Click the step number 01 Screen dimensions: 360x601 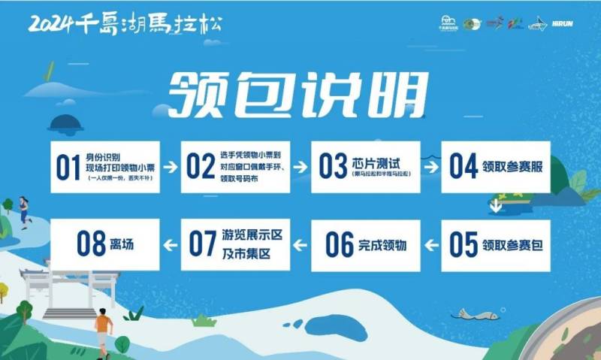click(68, 167)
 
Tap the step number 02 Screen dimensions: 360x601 click(201, 167)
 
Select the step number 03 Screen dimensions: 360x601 click(333, 167)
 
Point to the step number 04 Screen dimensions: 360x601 click(464, 167)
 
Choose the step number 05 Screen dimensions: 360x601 click(464, 244)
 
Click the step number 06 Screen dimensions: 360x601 click(339, 244)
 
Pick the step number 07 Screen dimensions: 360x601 click(203, 244)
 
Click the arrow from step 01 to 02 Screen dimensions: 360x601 click(171, 167)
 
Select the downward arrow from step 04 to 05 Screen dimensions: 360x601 click(495, 205)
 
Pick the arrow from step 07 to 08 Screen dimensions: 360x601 click(171, 244)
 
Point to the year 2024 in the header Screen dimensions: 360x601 click(51, 23)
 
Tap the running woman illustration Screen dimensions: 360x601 click(24, 210)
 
